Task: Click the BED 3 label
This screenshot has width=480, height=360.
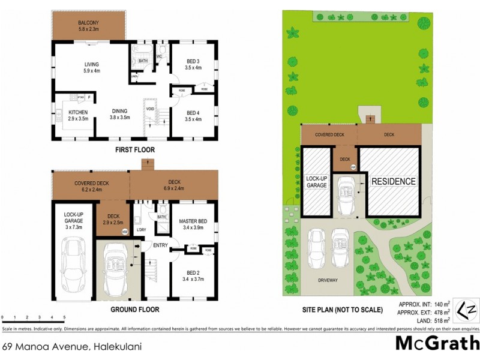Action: click(193, 64)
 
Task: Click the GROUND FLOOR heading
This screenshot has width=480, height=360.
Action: click(135, 310)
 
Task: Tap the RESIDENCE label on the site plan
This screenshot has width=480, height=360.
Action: click(393, 181)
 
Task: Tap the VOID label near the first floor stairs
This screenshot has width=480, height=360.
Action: click(150, 109)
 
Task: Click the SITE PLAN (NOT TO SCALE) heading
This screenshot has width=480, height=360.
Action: click(343, 310)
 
